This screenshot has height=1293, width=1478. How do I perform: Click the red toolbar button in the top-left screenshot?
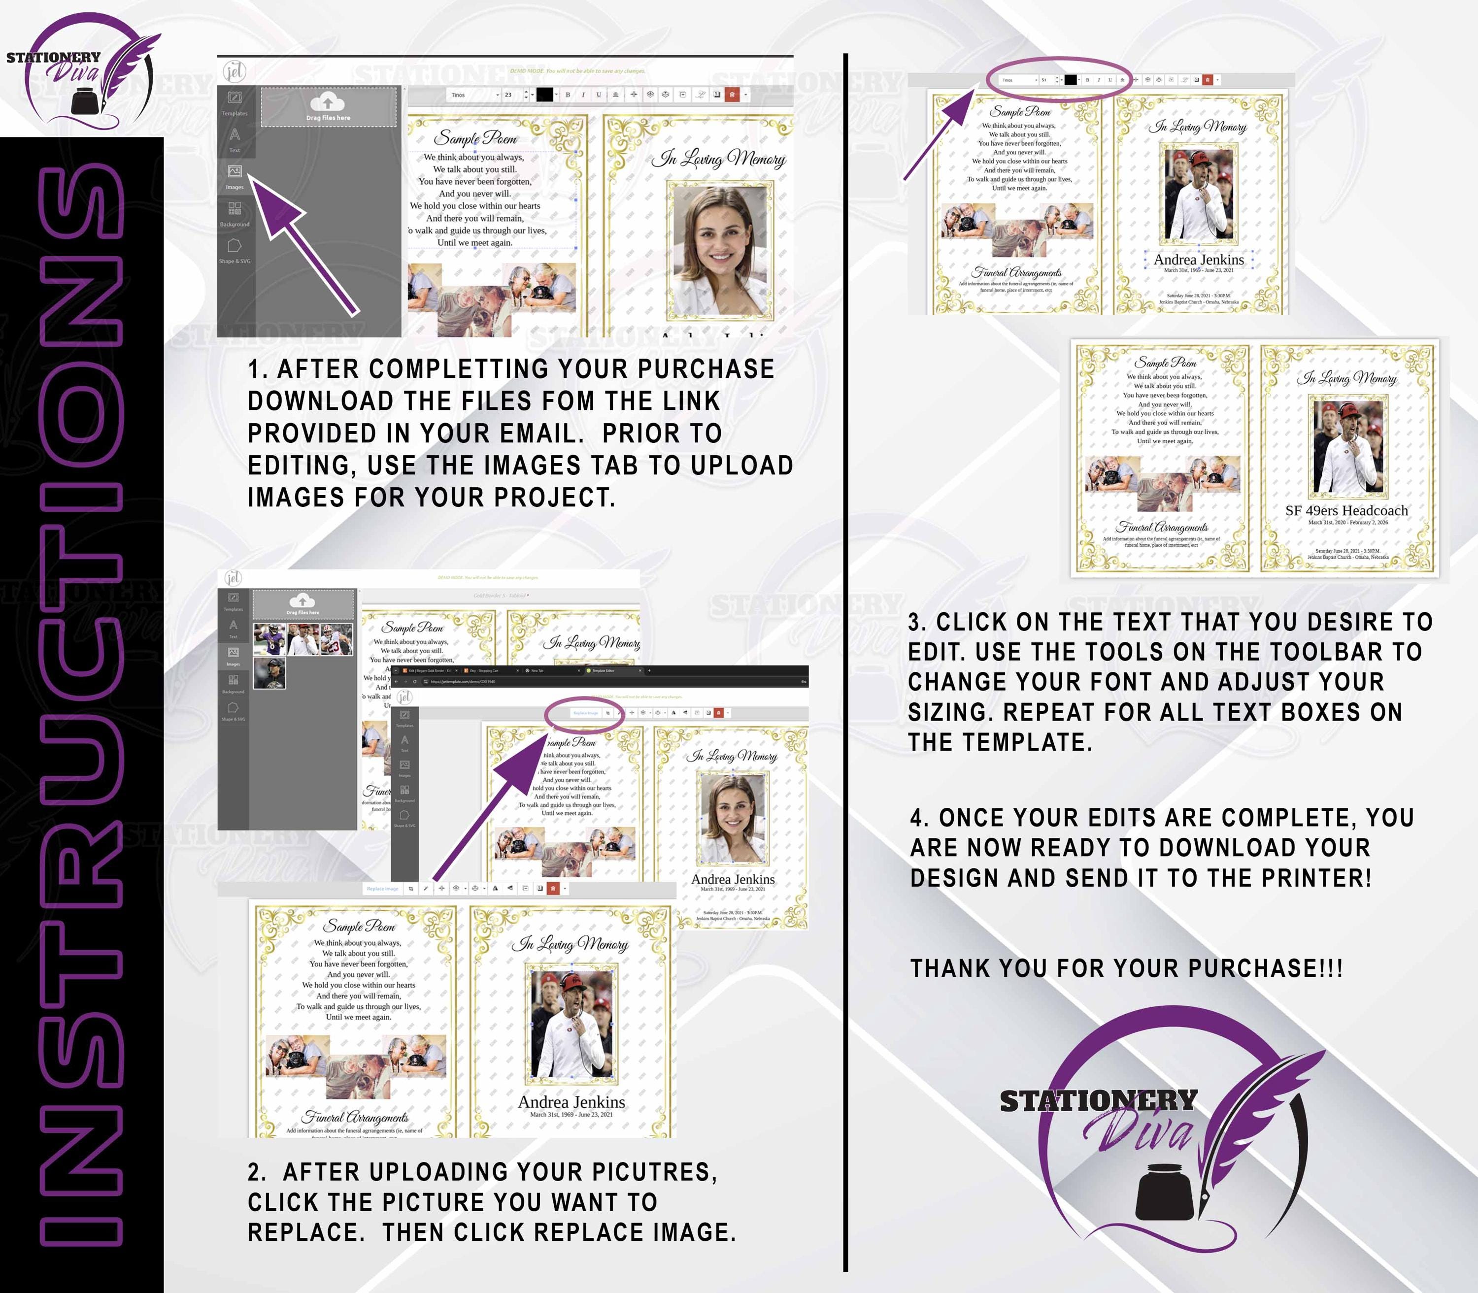[x=732, y=95]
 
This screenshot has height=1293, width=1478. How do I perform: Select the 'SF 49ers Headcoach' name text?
[x=1346, y=511]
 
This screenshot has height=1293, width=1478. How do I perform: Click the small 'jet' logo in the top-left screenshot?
[x=235, y=71]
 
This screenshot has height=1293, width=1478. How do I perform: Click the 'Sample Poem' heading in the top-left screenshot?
[x=475, y=138]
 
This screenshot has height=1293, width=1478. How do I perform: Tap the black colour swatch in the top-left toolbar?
[x=545, y=95]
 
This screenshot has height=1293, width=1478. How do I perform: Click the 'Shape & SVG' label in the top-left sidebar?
[x=235, y=261]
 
